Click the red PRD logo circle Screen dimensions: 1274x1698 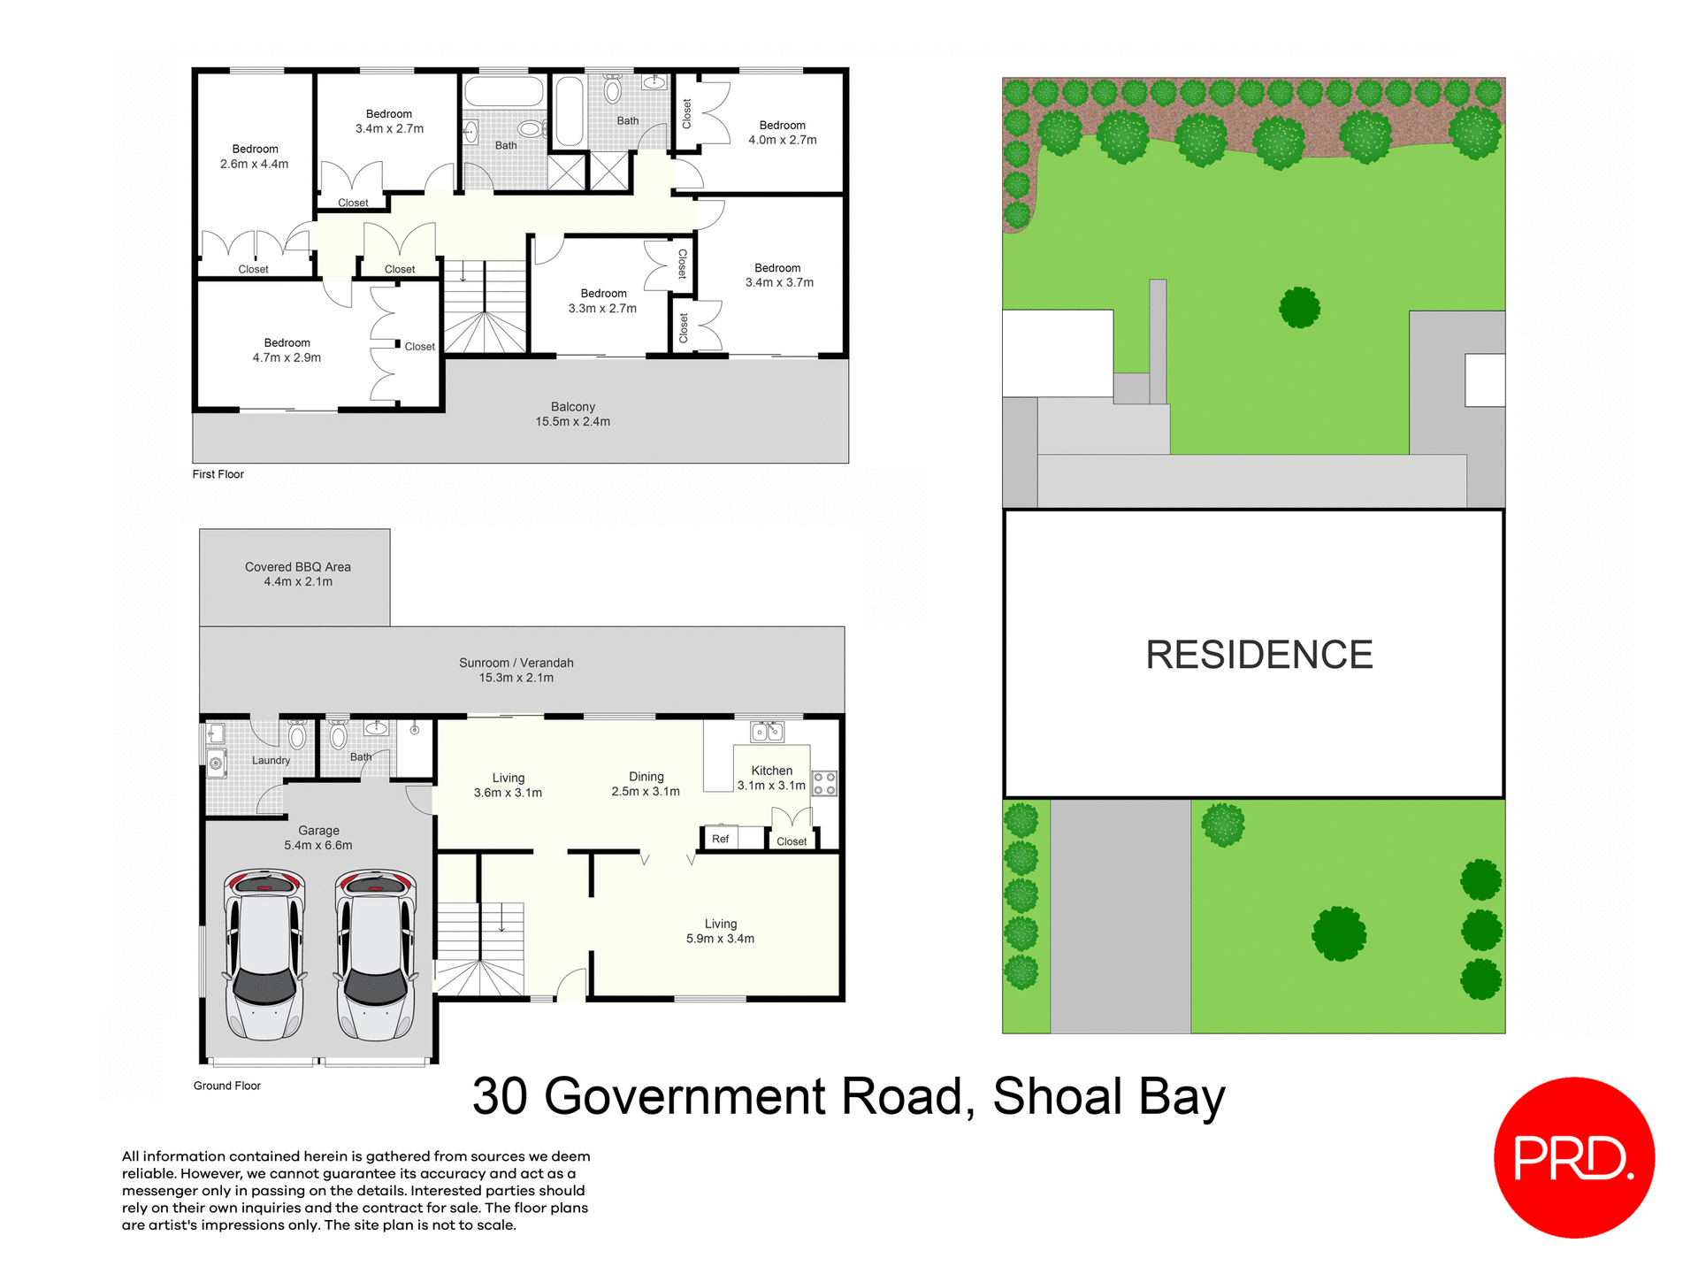pyautogui.click(x=1573, y=1156)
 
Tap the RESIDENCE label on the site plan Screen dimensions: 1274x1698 pyautogui.click(x=1258, y=655)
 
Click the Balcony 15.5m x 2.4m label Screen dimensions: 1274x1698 pyautogui.click(x=572, y=414)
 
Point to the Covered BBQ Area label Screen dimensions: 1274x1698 pyautogui.click(x=297, y=574)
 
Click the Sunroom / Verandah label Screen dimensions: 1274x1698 pyautogui.click(x=516, y=670)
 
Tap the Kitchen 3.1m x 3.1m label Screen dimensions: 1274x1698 pyautogui.click(x=771, y=778)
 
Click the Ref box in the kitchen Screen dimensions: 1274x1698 pyautogui.click(x=720, y=839)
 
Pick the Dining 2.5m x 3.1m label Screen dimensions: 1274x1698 pyautogui.click(x=646, y=784)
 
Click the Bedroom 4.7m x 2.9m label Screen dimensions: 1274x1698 pyautogui.click(x=287, y=350)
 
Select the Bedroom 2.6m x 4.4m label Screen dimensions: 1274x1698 pyautogui.click(x=255, y=157)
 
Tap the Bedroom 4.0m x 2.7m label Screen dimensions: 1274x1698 pyautogui.click(x=782, y=133)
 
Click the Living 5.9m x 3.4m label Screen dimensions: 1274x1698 pyautogui.click(x=720, y=931)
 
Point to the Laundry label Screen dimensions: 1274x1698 pyautogui.click(x=271, y=760)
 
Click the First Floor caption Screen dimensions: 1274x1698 pyautogui.click(x=218, y=474)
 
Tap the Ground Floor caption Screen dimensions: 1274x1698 pyautogui.click(x=226, y=1086)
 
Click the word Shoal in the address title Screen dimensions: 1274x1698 pyautogui.click(x=1057, y=1097)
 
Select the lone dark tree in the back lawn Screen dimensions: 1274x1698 pyautogui.click(x=1299, y=308)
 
